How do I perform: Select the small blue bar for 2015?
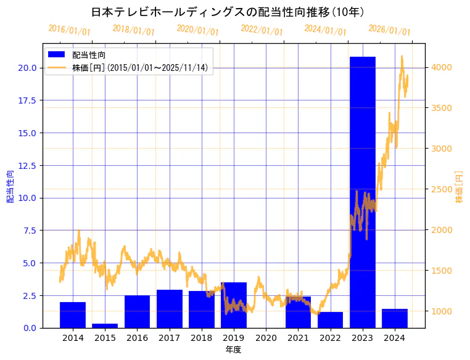105,325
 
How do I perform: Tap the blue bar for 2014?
73,315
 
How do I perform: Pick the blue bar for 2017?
170,309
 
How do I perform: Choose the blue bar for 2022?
330,320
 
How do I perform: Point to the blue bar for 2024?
395,319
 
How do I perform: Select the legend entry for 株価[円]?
139,67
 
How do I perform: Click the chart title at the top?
228,12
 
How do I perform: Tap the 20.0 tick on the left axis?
28,68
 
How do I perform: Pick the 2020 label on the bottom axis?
266,338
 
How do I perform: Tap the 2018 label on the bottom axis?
202,338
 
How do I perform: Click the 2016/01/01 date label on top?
69,30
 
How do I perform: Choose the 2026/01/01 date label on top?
389,30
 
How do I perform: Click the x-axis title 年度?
233,350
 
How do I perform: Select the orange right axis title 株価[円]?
459,187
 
